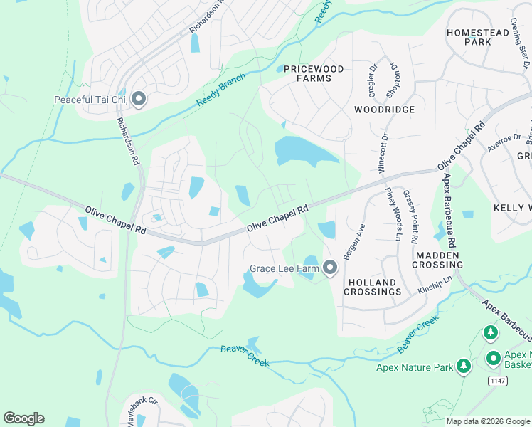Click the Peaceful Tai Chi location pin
pyautogui.click(x=138, y=99)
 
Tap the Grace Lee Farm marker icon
pyautogui.click(x=329, y=268)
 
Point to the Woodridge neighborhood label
pyautogui.click(x=384, y=110)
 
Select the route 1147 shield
pyautogui.click(x=498, y=382)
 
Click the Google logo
pyautogui.click(x=23, y=418)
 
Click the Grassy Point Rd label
pyautogui.click(x=411, y=213)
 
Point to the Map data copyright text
pyautogui.click(x=487, y=421)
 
